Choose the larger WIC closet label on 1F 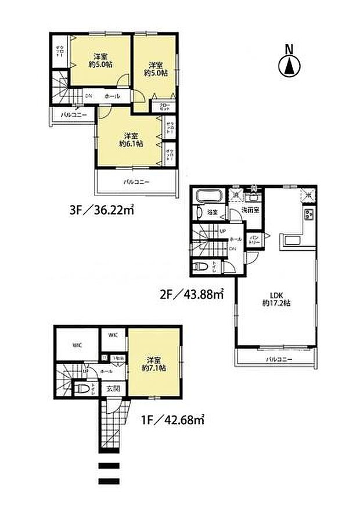point(77,345)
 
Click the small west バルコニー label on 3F point(74,115)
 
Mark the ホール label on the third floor point(113,96)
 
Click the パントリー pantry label point(254,239)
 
